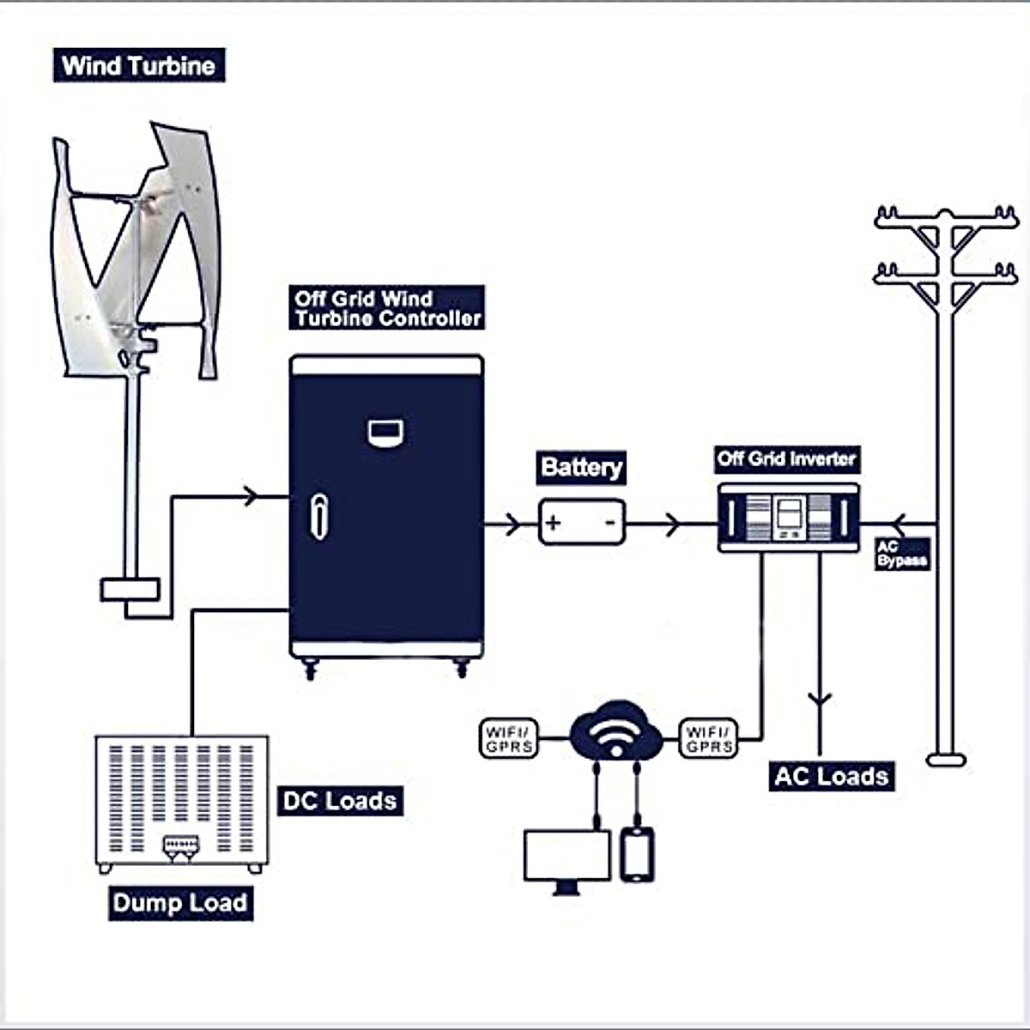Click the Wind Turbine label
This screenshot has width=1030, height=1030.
139,66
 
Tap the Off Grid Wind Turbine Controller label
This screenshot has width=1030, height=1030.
387,308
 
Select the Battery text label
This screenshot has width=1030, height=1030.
581,468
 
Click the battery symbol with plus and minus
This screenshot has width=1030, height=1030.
582,522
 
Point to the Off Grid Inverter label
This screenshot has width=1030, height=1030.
786,459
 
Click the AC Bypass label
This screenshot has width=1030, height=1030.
902,554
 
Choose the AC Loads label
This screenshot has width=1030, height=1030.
831,777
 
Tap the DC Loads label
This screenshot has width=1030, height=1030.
340,801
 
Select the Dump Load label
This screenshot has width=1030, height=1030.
180,903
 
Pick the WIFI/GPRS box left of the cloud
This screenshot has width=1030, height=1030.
509,738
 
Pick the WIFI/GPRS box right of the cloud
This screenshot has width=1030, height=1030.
709,738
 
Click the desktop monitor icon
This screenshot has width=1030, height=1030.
566,858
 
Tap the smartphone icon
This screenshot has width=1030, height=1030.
637,854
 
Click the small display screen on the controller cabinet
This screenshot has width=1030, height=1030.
385,433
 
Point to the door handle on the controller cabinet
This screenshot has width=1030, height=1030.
318,517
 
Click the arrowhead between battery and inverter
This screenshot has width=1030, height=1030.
673,523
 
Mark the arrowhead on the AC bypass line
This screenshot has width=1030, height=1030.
898,523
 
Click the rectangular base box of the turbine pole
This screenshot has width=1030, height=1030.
130,589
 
